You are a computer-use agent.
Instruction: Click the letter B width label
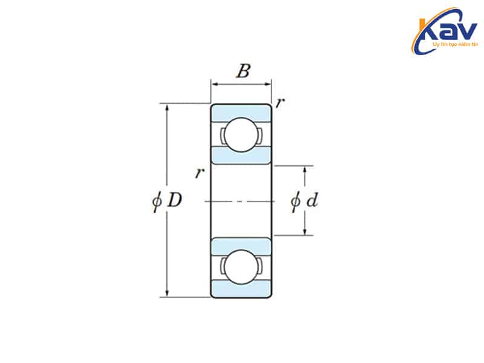(242, 72)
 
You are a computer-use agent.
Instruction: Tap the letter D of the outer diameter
(174, 200)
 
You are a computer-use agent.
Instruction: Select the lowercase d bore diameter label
(312, 200)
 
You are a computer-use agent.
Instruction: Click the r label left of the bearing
(199, 174)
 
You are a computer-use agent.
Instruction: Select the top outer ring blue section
(241, 113)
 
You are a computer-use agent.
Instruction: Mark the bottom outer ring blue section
(241, 289)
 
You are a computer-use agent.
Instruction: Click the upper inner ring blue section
(241, 156)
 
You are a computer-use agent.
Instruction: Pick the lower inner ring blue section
(241, 245)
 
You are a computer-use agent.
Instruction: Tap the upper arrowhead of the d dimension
(305, 169)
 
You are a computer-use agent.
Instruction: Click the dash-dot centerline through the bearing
(241, 200)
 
